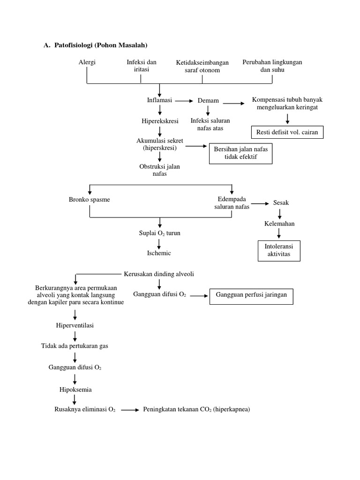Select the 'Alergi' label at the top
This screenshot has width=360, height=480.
tap(87, 62)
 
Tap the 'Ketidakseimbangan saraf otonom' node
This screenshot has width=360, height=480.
tap(202, 66)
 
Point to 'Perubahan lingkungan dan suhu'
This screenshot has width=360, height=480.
tap(272, 66)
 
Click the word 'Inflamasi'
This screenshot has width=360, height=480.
tap(160, 100)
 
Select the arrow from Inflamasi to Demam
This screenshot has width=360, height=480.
tap(185, 101)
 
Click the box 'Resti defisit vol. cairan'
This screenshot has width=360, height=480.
tap(287, 132)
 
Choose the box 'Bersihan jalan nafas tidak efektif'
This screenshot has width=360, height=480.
tap(241, 153)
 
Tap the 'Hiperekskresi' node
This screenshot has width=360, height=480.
tap(160, 121)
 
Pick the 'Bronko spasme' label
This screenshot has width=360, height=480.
tap(89, 199)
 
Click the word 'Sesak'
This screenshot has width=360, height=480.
tap(281, 203)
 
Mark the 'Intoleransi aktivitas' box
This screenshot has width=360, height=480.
tap(279, 250)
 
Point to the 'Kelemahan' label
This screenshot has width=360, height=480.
tap(279, 224)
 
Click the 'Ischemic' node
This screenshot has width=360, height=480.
tap(159, 253)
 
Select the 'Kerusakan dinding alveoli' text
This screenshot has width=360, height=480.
tap(159, 274)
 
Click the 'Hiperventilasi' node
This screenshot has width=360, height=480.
tap(75, 325)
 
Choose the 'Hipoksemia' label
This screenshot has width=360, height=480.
tap(75, 389)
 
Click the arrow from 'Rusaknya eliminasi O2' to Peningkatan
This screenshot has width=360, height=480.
tap(130, 410)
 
